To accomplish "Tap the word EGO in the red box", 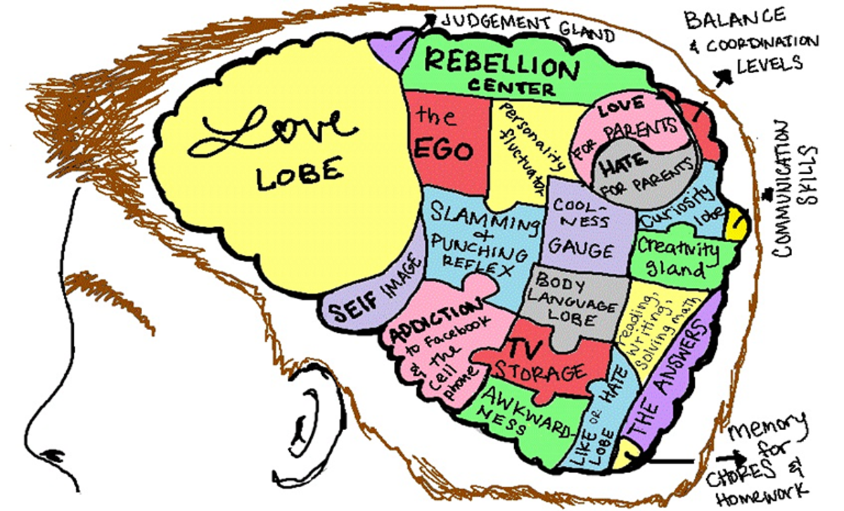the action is [444, 150].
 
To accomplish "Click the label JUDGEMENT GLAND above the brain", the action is [528, 27].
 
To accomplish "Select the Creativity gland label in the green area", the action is [677, 258].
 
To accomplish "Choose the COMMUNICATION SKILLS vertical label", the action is [793, 189].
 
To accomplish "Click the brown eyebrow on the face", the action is [109, 298].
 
